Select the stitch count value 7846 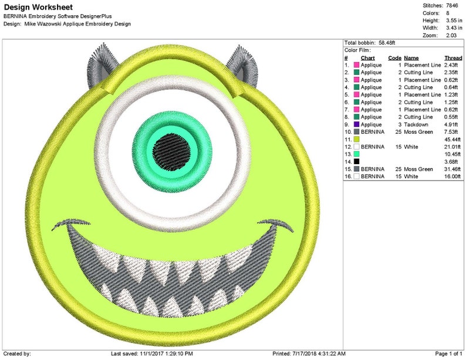(453, 5)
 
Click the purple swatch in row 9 (356, 124)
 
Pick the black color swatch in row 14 (356, 161)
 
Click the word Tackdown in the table (416, 124)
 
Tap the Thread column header (453, 58)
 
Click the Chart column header (367, 58)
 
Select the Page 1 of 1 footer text (448, 354)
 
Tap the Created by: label (17, 354)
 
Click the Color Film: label (357, 50)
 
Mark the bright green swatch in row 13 (356, 154)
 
